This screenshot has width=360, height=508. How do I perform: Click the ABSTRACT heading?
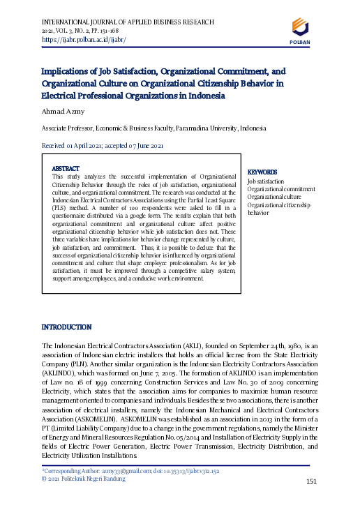tap(66, 169)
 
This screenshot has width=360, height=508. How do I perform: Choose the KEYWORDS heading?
tap(262, 172)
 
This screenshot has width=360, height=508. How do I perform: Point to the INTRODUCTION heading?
tap(67, 327)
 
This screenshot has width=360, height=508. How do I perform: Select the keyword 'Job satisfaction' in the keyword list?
tap(266, 181)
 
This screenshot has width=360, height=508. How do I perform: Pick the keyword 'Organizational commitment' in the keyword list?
tap(281, 189)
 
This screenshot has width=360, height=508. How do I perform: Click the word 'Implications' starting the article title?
tap(67, 71)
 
